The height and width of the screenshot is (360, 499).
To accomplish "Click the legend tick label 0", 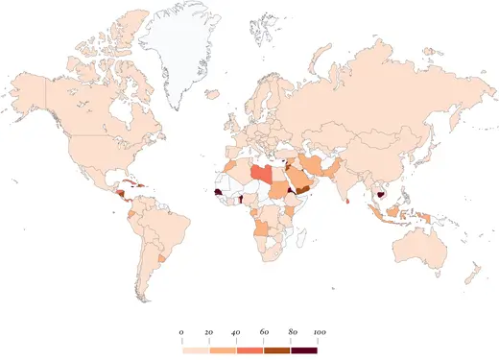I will (181, 331).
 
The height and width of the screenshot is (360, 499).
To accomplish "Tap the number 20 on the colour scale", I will (208, 331).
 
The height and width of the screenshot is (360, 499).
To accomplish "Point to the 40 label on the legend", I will (236, 331).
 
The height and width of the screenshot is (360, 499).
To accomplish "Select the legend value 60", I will (263, 331).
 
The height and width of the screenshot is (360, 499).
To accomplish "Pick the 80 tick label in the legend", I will (291, 331).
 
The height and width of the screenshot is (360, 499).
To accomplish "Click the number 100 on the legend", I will (319, 331).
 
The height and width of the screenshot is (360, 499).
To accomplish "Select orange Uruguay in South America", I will (160, 259).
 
